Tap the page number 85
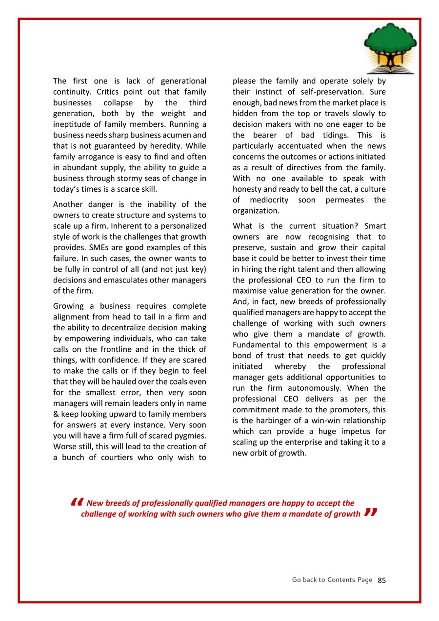[381, 580]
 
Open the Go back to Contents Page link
[332, 580]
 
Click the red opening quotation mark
[77, 503]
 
